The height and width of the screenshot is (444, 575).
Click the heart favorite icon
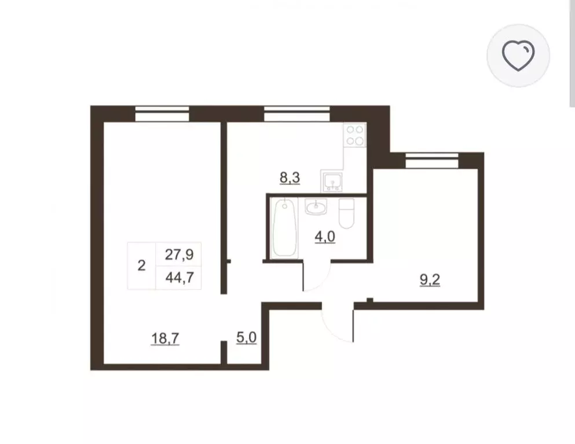point(518,55)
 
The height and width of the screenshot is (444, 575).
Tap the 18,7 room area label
point(165,339)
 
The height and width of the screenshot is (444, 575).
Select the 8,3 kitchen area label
point(290,178)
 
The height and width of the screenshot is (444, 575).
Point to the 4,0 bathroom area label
point(325,237)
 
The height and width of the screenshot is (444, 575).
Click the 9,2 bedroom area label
point(430,280)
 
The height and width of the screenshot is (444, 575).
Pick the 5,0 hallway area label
point(246,338)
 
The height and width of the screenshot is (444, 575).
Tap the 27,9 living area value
point(179,254)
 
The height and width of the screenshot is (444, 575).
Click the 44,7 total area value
point(180,278)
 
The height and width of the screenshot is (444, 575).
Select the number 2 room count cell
point(141,266)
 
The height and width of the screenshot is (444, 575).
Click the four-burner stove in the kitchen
point(355,135)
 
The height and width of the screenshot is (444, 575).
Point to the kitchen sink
point(332,181)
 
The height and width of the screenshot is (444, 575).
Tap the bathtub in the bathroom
point(285,228)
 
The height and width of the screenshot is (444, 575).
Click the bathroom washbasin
point(316,206)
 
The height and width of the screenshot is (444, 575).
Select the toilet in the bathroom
point(346,213)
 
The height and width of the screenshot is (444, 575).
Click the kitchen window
point(296,114)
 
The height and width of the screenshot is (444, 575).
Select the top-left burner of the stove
point(350,129)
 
